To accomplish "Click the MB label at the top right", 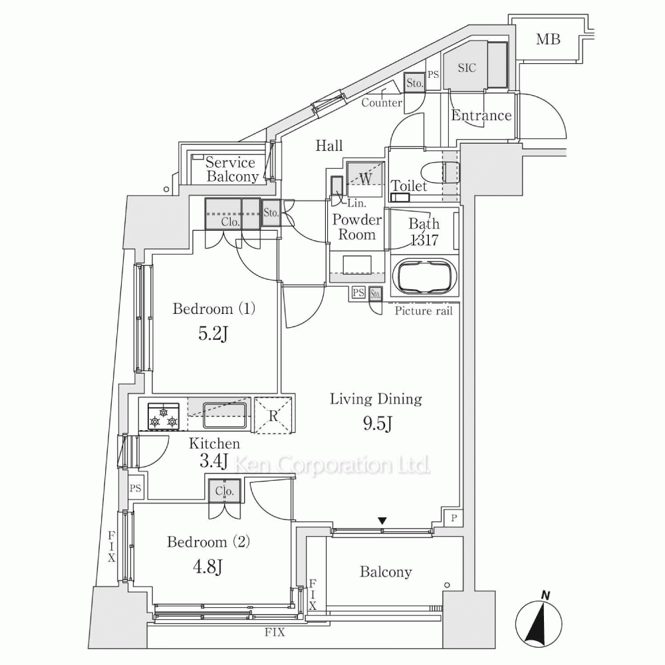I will pyautogui.click(x=549, y=39).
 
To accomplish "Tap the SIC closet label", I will pyautogui.click(x=467, y=67).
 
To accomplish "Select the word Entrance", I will pyautogui.click(x=481, y=116).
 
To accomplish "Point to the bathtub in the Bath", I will pyautogui.click(x=424, y=277).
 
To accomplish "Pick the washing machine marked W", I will pyautogui.click(x=365, y=178).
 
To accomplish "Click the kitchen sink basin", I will pyautogui.click(x=224, y=414).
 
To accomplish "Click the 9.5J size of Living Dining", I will pyautogui.click(x=376, y=424).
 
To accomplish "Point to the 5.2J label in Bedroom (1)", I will pyautogui.click(x=214, y=333).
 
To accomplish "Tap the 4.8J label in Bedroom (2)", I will pyautogui.click(x=208, y=567).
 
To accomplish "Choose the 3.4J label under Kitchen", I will pyautogui.click(x=214, y=461).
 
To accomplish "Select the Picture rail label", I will pyautogui.click(x=423, y=311).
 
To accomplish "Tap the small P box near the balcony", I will pyautogui.click(x=454, y=519).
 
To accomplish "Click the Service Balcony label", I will pyautogui.click(x=230, y=170).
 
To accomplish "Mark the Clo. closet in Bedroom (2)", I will pyautogui.click(x=223, y=492).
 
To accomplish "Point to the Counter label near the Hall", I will pyautogui.click(x=381, y=103).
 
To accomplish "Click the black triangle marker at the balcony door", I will pyautogui.click(x=382, y=521).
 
